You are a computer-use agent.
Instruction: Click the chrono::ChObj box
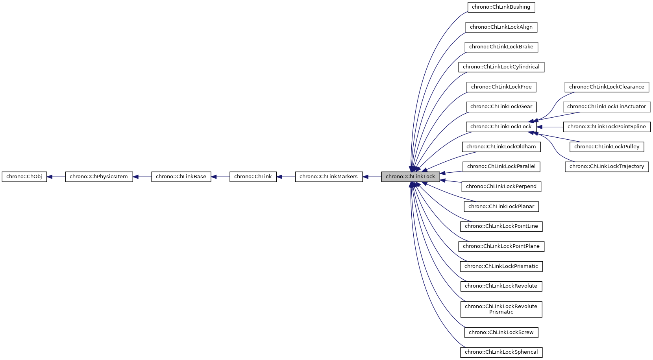tap(24, 177)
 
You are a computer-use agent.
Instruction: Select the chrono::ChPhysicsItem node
tap(99, 177)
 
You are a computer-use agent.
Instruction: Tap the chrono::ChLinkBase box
tap(181, 177)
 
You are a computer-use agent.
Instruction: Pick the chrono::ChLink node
tap(253, 177)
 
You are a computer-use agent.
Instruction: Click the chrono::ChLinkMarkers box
tap(328, 177)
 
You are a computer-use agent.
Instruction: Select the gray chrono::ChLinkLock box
tap(410, 177)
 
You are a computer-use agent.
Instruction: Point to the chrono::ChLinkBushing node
tap(501, 7)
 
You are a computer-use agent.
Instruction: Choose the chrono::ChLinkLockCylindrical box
tap(501, 67)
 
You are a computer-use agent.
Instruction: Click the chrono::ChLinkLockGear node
tap(501, 107)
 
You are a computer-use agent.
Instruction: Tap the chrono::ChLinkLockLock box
tap(501, 127)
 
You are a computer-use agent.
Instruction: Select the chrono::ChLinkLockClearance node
tap(606, 87)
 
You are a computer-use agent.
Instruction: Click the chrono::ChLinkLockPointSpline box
tap(606, 127)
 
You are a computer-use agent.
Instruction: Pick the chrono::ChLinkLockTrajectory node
tap(606, 166)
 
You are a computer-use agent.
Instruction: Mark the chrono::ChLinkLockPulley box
tap(606, 147)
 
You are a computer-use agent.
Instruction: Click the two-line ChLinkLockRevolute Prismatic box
tap(501, 309)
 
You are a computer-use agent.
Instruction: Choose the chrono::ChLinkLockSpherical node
tap(501, 352)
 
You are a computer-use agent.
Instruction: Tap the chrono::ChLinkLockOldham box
tap(501, 147)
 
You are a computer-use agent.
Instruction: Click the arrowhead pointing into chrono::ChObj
tap(50, 177)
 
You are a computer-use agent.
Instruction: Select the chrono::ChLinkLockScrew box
tap(501, 332)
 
